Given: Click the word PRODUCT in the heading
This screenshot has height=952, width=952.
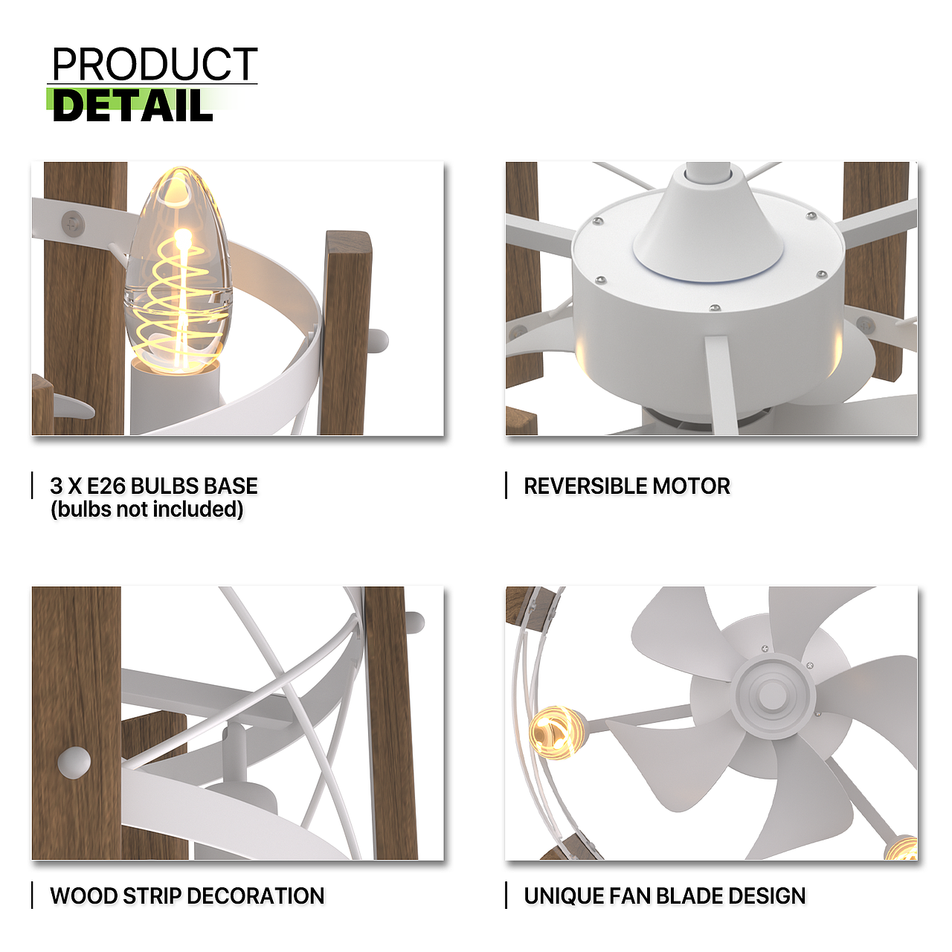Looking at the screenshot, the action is point(155,64).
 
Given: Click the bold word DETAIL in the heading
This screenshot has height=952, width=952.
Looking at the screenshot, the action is point(133,105).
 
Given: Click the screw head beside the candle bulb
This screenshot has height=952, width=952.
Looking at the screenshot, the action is point(73,224).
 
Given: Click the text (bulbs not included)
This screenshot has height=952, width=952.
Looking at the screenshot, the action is point(147,509).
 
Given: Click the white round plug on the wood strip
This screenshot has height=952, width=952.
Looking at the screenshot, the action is point(74,762).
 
